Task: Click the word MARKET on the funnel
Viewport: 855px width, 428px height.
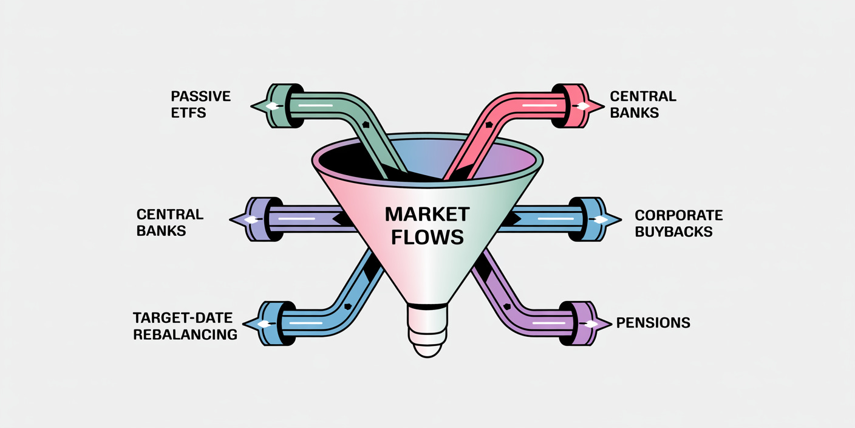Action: (427, 214)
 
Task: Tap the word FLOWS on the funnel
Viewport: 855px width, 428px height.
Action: (427, 236)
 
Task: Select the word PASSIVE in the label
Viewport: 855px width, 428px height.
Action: (200, 96)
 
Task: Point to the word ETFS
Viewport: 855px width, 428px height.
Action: (188, 112)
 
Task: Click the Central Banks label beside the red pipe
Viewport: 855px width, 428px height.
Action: (643, 105)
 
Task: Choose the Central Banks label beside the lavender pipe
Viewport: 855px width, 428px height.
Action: (169, 223)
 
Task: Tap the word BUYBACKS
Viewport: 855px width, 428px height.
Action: (673, 232)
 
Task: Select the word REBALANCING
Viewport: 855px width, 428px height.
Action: (185, 334)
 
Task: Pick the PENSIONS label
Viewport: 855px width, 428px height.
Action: (653, 323)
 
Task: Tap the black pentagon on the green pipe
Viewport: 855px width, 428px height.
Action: (366, 123)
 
